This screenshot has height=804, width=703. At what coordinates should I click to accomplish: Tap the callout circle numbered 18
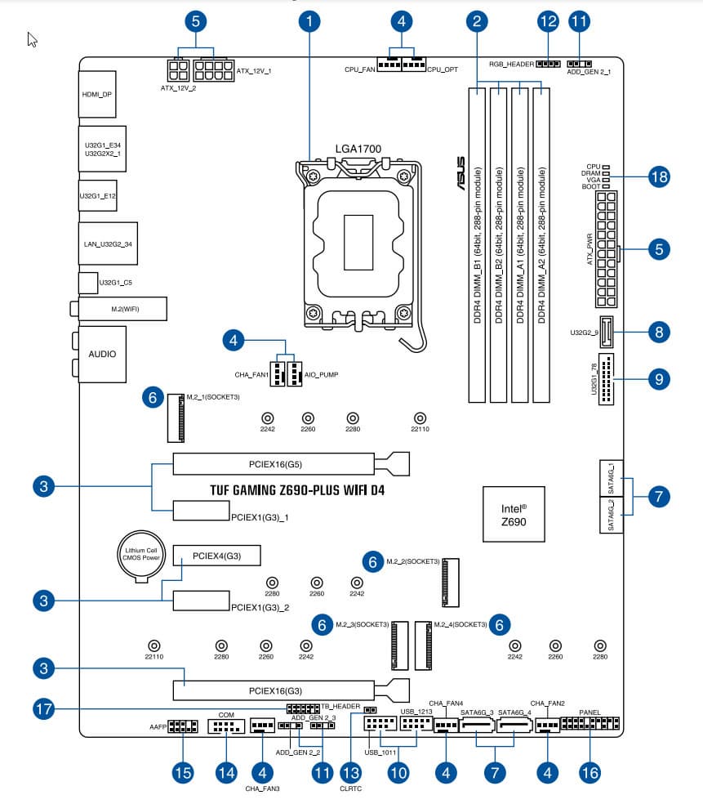pyautogui.click(x=659, y=176)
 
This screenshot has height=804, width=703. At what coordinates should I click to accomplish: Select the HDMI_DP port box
pyautogui.click(x=97, y=95)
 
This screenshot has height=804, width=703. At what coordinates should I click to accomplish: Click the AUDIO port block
pyautogui.click(x=102, y=354)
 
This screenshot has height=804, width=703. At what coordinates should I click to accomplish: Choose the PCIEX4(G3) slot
pyautogui.click(x=216, y=556)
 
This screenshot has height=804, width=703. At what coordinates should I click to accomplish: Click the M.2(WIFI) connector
pyautogui.click(x=121, y=308)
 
